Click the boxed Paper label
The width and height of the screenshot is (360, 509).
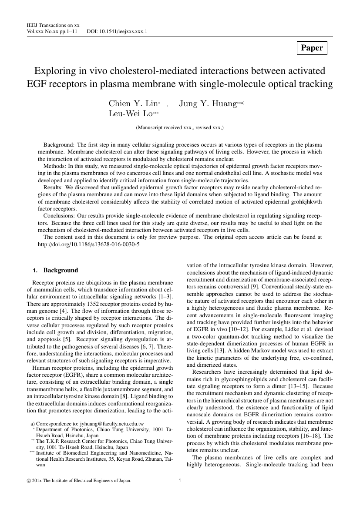(312, 48)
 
